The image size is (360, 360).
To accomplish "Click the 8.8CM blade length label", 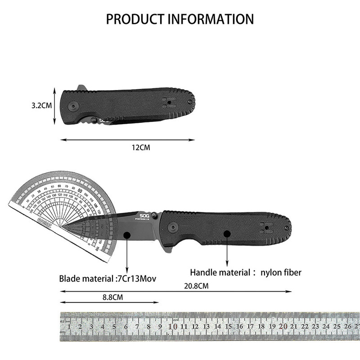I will click(111, 297).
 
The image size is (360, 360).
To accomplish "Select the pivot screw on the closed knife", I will click(73, 106).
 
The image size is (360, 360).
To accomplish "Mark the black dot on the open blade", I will click(127, 234).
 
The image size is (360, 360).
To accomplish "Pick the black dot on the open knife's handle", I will click(227, 234).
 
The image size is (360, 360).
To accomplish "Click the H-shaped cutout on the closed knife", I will click(169, 102).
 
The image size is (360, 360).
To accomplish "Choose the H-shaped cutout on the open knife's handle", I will click(266, 229).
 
